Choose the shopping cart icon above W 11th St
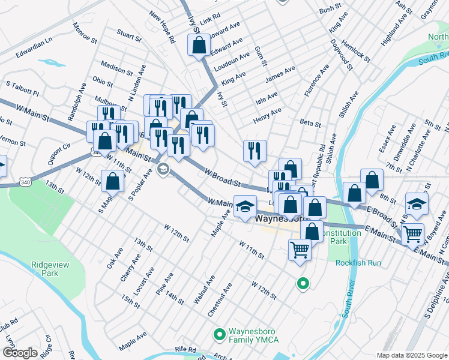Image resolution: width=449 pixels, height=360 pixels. tap(300, 250)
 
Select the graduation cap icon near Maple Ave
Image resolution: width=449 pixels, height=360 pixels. tap(245, 208)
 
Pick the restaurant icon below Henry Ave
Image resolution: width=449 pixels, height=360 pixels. tap(255, 151)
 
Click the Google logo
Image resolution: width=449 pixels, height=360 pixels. tap(20, 352)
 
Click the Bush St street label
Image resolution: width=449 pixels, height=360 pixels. tap(330, 10)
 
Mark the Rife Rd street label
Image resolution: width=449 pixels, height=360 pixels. tap(185, 349)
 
